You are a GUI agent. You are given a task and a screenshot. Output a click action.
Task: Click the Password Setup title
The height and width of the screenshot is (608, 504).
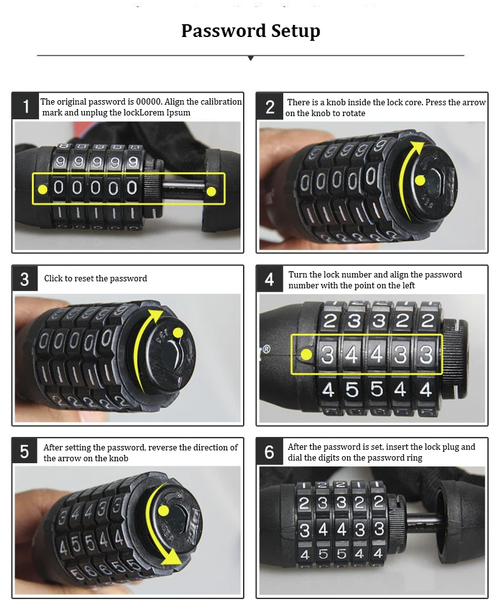[251, 31]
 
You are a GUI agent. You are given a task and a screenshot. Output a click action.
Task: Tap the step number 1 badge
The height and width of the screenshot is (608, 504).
[26, 106]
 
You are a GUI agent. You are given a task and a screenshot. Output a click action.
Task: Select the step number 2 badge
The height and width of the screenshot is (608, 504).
[270, 107]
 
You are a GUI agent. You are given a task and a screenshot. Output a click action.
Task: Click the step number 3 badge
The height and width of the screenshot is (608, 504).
[25, 279]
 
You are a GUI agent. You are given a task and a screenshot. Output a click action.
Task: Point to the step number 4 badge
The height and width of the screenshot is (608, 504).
[270, 279]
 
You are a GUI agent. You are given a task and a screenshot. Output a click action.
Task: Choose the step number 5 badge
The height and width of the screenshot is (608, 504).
[25, 452]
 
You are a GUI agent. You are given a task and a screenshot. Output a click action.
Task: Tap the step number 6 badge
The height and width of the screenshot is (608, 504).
[270, 452]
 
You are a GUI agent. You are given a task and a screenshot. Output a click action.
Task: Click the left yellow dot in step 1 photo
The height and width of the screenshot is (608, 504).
[43, 189]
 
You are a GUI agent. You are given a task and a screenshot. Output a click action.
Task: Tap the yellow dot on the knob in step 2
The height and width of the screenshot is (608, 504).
[420, 181]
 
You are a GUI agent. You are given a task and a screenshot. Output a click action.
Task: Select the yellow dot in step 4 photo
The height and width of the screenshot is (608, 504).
[307, 353]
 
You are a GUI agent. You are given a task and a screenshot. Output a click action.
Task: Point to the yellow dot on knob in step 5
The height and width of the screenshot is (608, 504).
[163, 511]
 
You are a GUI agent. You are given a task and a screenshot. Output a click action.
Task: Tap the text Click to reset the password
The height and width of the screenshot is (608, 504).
[96, 279]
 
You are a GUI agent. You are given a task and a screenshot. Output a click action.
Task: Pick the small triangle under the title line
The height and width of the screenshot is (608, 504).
[251, 58]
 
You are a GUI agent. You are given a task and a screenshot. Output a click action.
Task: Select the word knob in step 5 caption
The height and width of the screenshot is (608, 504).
[118, 458]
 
